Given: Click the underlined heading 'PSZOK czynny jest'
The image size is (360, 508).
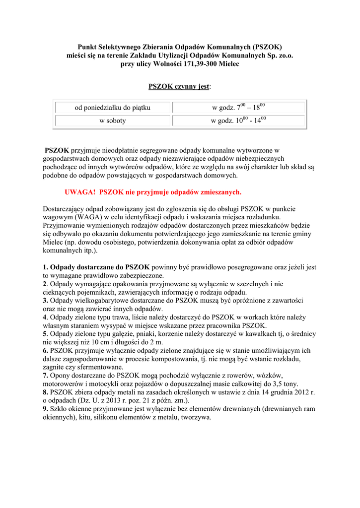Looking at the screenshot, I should click(179, 87).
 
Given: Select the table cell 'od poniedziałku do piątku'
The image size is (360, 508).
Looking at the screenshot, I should click(113, 108).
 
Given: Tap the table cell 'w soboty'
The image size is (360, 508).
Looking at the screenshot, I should click(113, 121).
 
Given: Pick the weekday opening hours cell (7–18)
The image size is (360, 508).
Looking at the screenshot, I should click(238, 107).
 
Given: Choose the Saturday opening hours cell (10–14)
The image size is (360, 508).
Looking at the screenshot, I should click(238, 121).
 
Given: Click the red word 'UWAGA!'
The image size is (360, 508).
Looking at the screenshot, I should click(80, 191).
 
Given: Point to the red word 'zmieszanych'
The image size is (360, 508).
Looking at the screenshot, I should click(220, 191).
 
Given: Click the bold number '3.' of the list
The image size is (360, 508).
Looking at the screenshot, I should click(46, 301).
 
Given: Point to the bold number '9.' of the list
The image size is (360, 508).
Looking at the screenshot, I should click(46, 409).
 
